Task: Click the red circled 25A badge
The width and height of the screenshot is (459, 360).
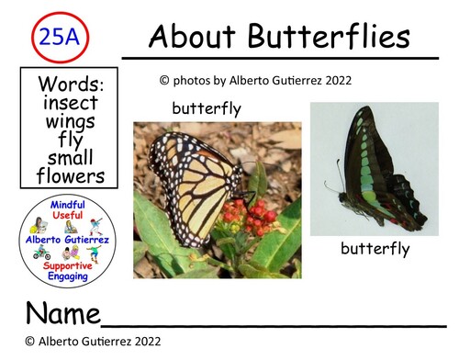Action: (59, 37)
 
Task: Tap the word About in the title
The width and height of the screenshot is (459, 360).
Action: (191, 37)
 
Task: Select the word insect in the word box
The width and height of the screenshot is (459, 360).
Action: (73, 102)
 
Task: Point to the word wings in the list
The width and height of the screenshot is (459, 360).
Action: (73, 121)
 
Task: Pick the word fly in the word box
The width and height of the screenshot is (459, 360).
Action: (73, 141)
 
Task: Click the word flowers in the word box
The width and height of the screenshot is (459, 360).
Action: (73, 176)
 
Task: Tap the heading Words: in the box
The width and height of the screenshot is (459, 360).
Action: (72, 84)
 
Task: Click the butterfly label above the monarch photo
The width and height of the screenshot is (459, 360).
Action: (206, 109)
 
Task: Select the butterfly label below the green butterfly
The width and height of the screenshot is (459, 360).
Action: (375, 248)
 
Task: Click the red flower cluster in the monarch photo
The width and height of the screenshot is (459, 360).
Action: (249, 219)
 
